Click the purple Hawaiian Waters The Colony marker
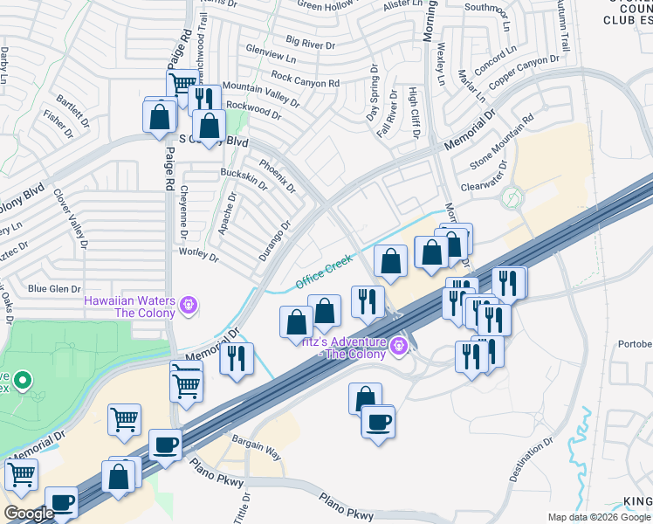(188, 307)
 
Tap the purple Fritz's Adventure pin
(399, 347)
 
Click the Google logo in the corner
(29, 514)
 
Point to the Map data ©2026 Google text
(599, 517)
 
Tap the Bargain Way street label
(257, 448)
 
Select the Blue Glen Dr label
(54, 288)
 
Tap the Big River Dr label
(316, 41)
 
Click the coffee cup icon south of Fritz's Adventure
(378, 424)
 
